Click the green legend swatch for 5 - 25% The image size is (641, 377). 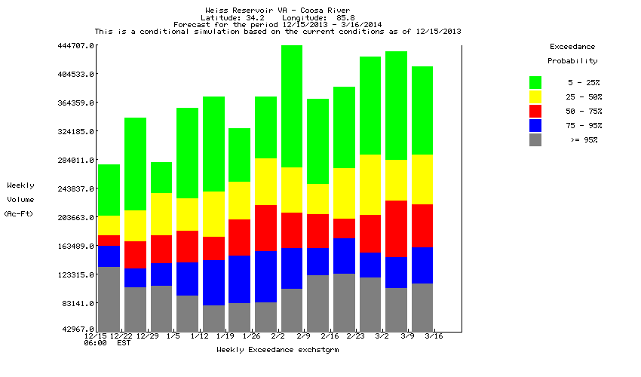(x=535, y=81)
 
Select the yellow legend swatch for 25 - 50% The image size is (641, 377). (x=535, y=97)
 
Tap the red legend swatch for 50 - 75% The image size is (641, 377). (x=535, y=111)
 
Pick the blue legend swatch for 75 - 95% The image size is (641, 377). (x=535, y=125)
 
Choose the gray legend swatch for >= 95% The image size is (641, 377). (x=535, y=139)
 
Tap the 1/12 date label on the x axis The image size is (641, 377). (x=199, y=336)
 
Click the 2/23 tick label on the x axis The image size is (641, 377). (x=356, y=336)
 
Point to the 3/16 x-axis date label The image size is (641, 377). (x=434, y=336)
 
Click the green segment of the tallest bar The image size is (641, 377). (x=292, y=106)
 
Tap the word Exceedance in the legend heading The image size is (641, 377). (x=572, y=47)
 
